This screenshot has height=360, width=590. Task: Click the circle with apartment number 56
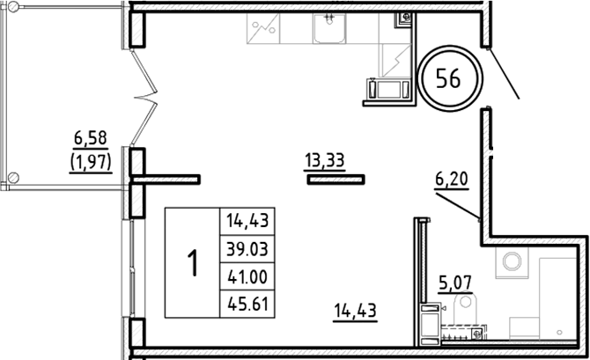click(x=447, y=78)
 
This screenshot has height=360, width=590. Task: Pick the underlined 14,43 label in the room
click(x=356, y=310)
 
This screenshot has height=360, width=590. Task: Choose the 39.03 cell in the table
click(x=247, y=249)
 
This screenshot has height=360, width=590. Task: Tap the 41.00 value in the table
click(x=247, y=277)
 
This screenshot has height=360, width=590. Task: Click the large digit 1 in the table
click(x=192, y=263)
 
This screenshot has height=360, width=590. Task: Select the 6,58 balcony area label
click(x=91, y=137)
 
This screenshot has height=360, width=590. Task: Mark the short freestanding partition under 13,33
click(x=336, y=179)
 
